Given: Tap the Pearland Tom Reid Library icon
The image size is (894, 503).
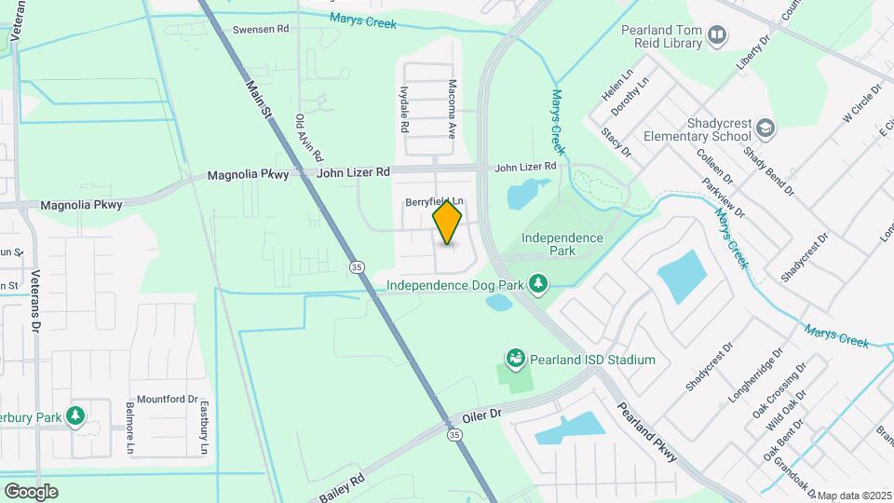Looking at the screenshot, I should pyautogui.click(x=717, y=36).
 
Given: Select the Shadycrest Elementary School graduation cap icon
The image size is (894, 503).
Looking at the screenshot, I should pyautogui.click(x=765, y=128).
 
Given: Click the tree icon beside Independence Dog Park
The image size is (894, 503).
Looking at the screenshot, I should pyautogui.click(x=536, y=283).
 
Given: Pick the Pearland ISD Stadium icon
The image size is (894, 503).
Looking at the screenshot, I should pyautogui.click(x=514, y=359).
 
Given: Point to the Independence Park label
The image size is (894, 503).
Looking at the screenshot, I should pyautogui.click(x=562, y=244).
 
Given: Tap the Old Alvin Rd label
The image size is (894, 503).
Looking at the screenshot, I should pyautogui.click(x=308, y=136).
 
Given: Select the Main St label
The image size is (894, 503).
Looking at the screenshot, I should pyautogui.click(x=258, y=98).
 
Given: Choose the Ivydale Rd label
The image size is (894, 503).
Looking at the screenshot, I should pyautogui.click(x=405, y=109).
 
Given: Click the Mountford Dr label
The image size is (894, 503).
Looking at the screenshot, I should pyautogui.click(x=168, y=399).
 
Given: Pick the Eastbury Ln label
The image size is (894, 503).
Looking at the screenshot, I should pyautogui.click(x=203, y=427).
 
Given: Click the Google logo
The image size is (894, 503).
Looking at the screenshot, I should pyautogui.click(x=31, y=491).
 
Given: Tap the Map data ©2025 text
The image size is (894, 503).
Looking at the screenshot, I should pyautogui.click(x=854, y=496).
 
